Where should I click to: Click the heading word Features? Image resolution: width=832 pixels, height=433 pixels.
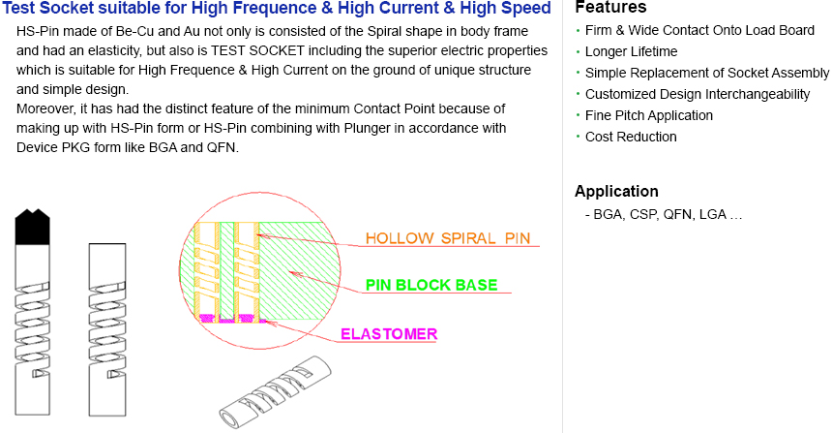610,8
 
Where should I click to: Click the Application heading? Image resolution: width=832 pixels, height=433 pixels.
616,191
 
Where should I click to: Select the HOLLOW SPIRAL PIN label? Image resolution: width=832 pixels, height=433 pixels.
447,238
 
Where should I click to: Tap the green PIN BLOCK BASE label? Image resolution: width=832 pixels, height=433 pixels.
431,285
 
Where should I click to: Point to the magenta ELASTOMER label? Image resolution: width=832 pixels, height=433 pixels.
389,334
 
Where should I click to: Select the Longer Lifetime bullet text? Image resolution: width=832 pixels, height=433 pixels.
631,51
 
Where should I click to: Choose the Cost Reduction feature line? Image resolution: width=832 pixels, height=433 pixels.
631,137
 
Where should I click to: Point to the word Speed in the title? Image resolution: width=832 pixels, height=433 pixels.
528,9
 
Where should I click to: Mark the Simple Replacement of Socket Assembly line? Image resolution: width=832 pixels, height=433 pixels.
707,73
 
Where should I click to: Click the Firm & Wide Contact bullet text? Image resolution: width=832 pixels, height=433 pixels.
700,30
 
